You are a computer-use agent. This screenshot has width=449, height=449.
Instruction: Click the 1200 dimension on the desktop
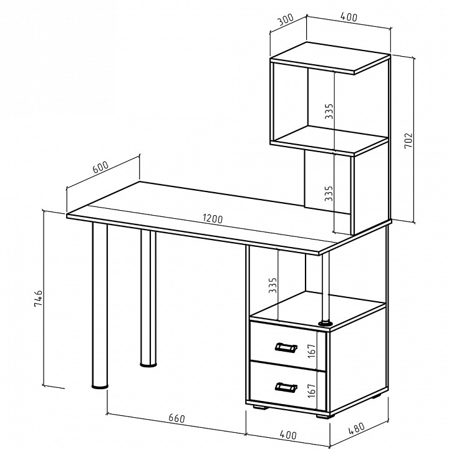click(x=213, y=219)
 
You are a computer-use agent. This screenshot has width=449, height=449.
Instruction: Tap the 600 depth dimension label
click(x=101, y=167)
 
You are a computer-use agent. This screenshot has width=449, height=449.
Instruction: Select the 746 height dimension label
click(x=38, y=298)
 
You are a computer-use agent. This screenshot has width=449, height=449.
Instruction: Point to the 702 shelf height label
click(x=408, y=140)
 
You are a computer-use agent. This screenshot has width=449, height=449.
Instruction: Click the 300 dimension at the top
click(x=286, y=19)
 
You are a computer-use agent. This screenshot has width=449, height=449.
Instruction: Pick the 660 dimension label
click(x=176, y=418)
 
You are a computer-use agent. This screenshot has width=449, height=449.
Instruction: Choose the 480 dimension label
click(x=357, y=427)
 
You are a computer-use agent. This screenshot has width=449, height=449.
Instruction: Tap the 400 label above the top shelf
click(x=349, y=17)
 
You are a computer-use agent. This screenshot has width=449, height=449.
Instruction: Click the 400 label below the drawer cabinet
click(x=287, y=435)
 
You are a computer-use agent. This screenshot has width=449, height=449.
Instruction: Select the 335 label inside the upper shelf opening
click(x=329, y=111)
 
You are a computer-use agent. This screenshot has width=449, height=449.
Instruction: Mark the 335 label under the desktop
click(x=273, y=285)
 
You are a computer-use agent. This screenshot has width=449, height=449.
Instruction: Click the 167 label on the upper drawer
click(x=312, y=350)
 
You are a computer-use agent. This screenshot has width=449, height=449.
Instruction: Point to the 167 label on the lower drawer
click(x=312, y=390)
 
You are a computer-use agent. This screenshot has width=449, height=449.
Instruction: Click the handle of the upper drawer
click(x=286, y=347)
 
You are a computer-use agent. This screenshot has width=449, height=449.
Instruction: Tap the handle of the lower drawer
click(x=286, y=387)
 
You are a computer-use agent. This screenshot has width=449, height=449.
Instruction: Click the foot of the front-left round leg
click(x=100, y=387)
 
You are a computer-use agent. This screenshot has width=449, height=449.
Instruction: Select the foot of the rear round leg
click(x=148, y=365)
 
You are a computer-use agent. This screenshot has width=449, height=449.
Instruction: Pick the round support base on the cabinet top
click(x=326, y=323)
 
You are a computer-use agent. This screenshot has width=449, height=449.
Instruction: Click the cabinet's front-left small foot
click(x=261, y=407)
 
